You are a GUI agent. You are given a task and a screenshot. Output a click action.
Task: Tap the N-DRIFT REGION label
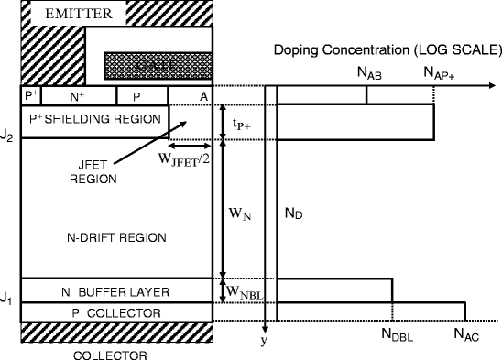coord(117,237)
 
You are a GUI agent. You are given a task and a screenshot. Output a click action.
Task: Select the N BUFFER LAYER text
coord(115,291)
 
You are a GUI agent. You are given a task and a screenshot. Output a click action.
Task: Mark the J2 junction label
coord(7,137)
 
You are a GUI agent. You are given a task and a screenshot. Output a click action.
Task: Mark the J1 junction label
coord(7,299)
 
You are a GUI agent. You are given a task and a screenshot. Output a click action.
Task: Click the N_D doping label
coord(293,213)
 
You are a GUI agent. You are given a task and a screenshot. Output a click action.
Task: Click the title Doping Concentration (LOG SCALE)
coord(385,49)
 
